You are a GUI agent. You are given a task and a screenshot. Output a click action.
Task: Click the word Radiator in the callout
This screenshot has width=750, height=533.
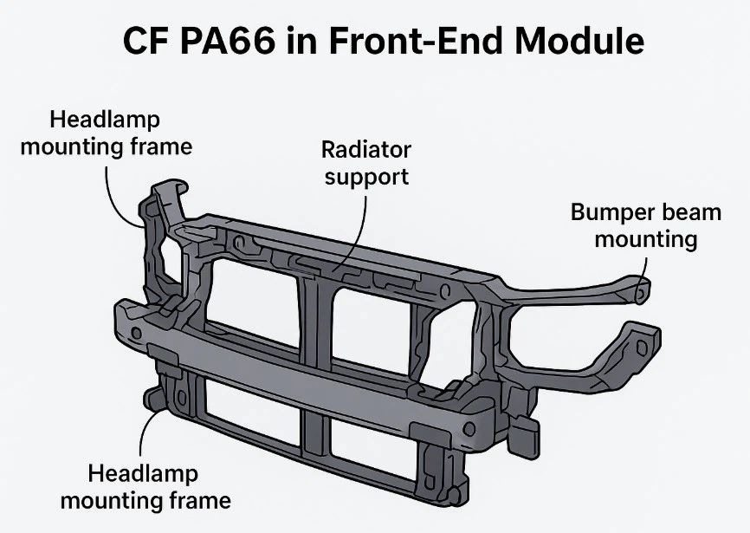coord(366,150)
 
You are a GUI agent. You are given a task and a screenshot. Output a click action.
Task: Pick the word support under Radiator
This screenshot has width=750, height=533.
coord(366,177)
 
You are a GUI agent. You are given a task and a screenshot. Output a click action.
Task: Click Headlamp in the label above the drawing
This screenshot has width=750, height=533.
coord(105,120)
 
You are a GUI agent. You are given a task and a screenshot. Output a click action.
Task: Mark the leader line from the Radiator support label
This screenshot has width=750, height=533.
coord(362,225)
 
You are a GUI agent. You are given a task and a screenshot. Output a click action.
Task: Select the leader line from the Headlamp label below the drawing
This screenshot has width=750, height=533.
coord(152,433)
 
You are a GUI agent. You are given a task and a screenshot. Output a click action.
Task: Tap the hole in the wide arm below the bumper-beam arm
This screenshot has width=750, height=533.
coord(640,346)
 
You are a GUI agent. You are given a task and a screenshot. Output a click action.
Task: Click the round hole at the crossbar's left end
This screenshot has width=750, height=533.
coord(135,333)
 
